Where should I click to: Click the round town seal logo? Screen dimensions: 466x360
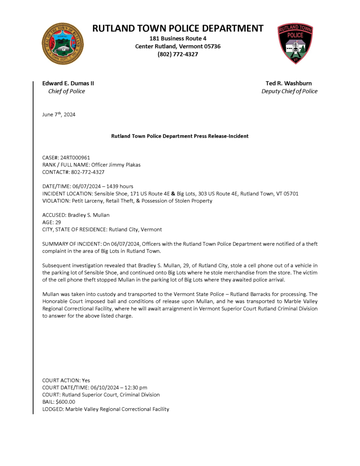(63, 44)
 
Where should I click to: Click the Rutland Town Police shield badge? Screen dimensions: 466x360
(295, 44)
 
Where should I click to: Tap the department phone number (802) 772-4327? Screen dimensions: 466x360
(178, 54)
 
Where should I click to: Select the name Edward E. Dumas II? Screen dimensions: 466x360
(68, 83)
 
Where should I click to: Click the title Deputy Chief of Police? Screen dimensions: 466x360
(289, 91)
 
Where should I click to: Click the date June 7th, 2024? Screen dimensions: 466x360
(59, 115)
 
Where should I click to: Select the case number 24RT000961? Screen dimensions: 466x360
(75, 157)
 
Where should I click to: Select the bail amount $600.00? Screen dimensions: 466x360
(65, 402)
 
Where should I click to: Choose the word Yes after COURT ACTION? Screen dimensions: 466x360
(86, 380)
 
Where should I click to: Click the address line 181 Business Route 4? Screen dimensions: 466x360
(178, 39)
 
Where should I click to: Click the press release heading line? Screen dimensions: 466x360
(180, 136)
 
